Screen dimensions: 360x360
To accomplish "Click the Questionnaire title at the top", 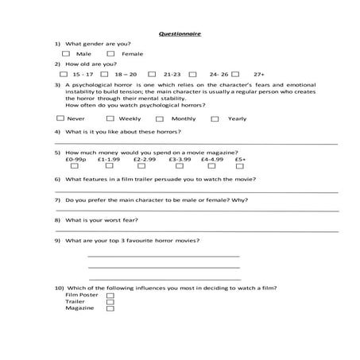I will point(180,34).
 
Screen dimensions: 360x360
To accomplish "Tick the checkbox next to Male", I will point(68,53).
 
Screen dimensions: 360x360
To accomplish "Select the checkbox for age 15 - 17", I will point(64,73).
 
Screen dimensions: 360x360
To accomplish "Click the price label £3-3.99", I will point(180,158).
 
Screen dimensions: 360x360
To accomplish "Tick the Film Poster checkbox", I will point(110,295).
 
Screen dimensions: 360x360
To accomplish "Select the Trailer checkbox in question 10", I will point(110,301).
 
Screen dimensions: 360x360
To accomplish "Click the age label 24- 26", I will point(219,73).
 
